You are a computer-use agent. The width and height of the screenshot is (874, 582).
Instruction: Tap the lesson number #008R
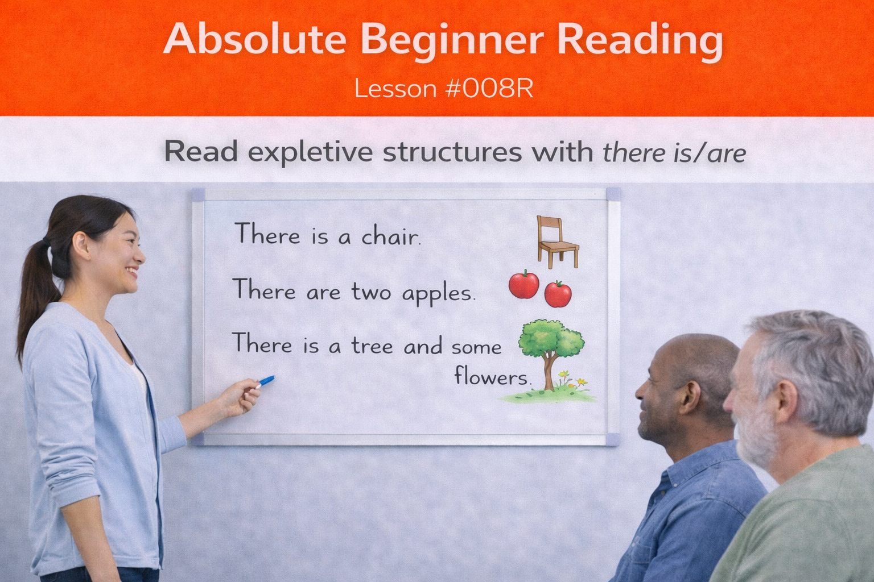click(490, 89)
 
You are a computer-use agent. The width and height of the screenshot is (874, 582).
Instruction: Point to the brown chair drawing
click(556, 242)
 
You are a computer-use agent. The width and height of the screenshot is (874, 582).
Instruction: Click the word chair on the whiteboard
click(391, 236)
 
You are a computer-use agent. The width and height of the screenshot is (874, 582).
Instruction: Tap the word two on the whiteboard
click(371, 292)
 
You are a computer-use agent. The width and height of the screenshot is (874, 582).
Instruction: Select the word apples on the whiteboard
click(438, 294)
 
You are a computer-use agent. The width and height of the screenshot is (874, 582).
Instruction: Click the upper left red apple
click(523, 284)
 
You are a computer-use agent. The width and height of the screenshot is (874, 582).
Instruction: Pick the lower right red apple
click(558, 294)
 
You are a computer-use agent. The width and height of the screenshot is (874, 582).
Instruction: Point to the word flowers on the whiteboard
click(492, 376)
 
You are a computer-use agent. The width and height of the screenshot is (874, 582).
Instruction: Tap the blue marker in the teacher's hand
click(266, 381)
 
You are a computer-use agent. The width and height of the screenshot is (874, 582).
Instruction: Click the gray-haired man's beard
click(757, 438)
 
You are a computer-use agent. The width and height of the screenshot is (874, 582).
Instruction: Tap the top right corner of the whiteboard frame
click(613, 194)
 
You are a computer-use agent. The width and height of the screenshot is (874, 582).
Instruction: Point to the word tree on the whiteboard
click(372, 346)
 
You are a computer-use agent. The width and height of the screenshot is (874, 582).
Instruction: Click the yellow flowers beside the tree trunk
click(564, 376)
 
